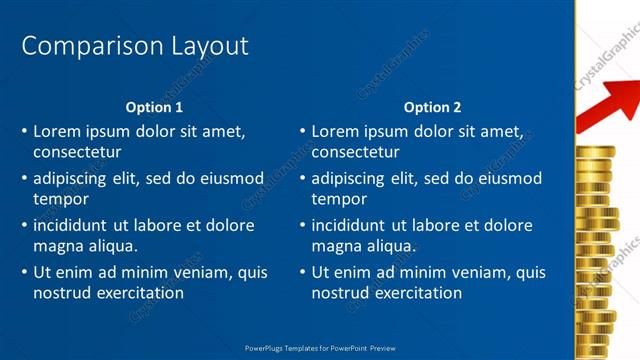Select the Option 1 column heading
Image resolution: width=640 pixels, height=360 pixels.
click(x=154, y=107)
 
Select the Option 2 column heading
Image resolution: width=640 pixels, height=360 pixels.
click(x=432, y=107)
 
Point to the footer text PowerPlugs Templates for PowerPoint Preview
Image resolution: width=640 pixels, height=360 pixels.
click(x=320, y=348)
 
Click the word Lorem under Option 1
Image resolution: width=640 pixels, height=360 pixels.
click(x=57, y=131)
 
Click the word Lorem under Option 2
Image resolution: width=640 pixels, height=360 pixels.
click(x=335, y=131)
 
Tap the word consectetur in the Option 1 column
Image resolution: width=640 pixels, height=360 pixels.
click(x=77, y=153)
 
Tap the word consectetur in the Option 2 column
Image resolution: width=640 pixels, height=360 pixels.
click(x=355, y=153)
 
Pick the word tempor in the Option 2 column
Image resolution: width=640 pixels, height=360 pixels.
click(x=340, y=200)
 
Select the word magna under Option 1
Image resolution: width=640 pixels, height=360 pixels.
click(x=58, y=246)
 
